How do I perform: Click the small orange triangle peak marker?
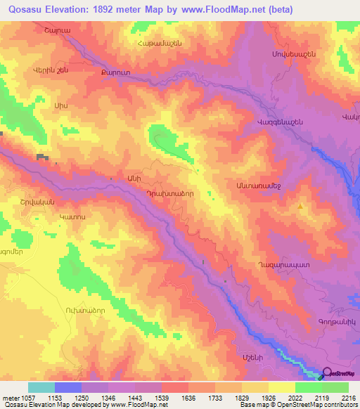(302, 207)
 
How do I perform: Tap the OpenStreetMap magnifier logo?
(326, 374)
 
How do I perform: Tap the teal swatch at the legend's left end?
(41, 387)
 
